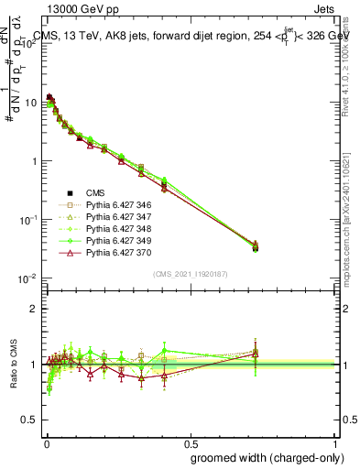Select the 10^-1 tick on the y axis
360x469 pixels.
tap(27, 220)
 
